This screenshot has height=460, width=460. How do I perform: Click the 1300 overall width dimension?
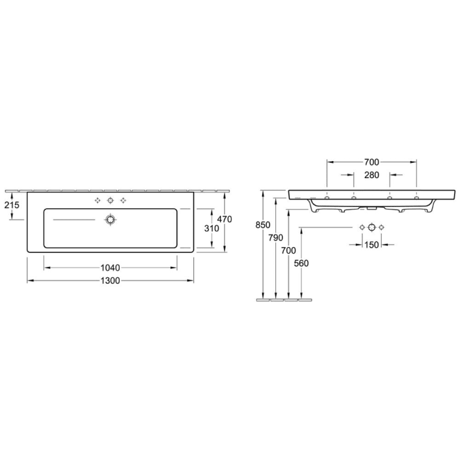tap(111, 281)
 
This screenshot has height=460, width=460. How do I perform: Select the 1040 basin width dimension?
tap(111, 267)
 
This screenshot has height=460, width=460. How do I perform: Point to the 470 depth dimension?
tap(225, 218)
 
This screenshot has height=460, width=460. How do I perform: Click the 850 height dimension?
tap(263, 225)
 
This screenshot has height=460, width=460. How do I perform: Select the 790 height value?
tap(275, 237)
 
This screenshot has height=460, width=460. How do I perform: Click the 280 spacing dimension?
tap(371, 175)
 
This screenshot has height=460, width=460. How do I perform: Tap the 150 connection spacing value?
tap(371, 244)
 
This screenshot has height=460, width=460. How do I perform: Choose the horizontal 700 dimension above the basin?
tap(371, 162)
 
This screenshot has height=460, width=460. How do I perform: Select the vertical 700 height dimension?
tap(288, 250)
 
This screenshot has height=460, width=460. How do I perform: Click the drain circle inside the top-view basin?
tap(110, 219)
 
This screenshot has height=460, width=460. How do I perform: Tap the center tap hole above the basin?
tap(110, 200)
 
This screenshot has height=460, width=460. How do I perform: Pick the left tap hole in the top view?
tap(98, 200)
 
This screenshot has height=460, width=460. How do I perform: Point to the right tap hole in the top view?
tap(123, 200)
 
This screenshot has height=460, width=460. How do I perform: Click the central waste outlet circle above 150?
tap(371, 227)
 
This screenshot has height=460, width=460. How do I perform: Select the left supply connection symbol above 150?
tap(362, 227)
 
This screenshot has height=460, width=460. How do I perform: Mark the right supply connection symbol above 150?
tap(380, 227)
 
